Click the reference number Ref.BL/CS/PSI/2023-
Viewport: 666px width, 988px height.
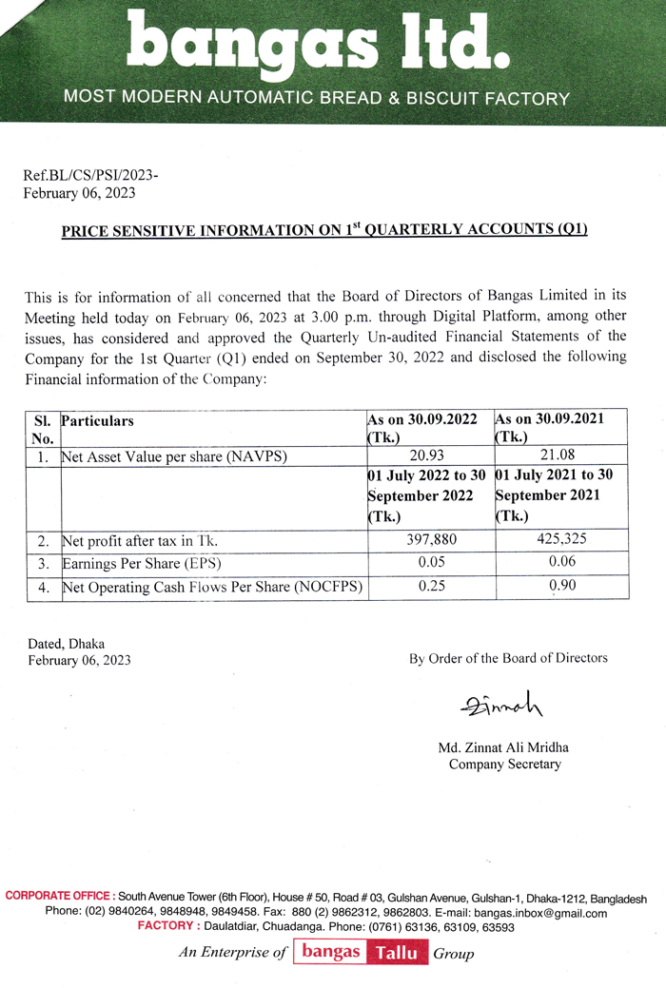tap(90, 176)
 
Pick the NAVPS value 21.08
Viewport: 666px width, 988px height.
tap(560, 456)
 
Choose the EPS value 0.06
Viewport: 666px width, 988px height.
tap(560, 564)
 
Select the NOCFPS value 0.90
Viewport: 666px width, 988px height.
tap(560, 587)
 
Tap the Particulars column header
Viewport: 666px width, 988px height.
tap(97, 420)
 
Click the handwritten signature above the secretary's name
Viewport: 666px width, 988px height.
tap(499, 706)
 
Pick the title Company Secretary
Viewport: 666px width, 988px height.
tap(504, 764)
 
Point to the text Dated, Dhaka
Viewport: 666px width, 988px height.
tap(66, 644)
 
